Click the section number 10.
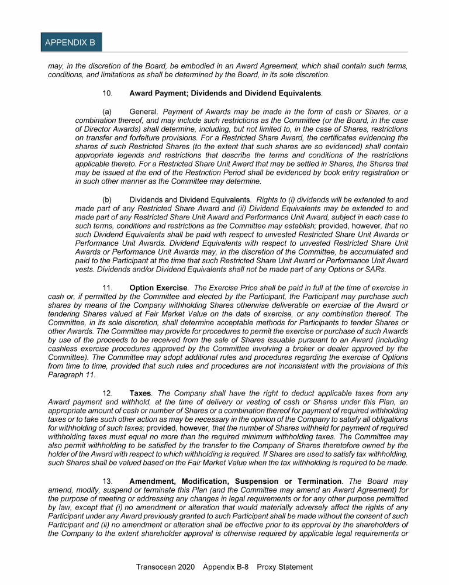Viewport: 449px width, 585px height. tap(108, 94)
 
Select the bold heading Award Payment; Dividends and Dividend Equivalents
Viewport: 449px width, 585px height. tap(225, 94)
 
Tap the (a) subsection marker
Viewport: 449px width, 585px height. tap(107, 112)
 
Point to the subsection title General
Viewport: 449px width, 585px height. tap(143, 112)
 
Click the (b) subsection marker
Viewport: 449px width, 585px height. tap(107, 199)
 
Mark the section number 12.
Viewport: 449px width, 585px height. tap(108, 394)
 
